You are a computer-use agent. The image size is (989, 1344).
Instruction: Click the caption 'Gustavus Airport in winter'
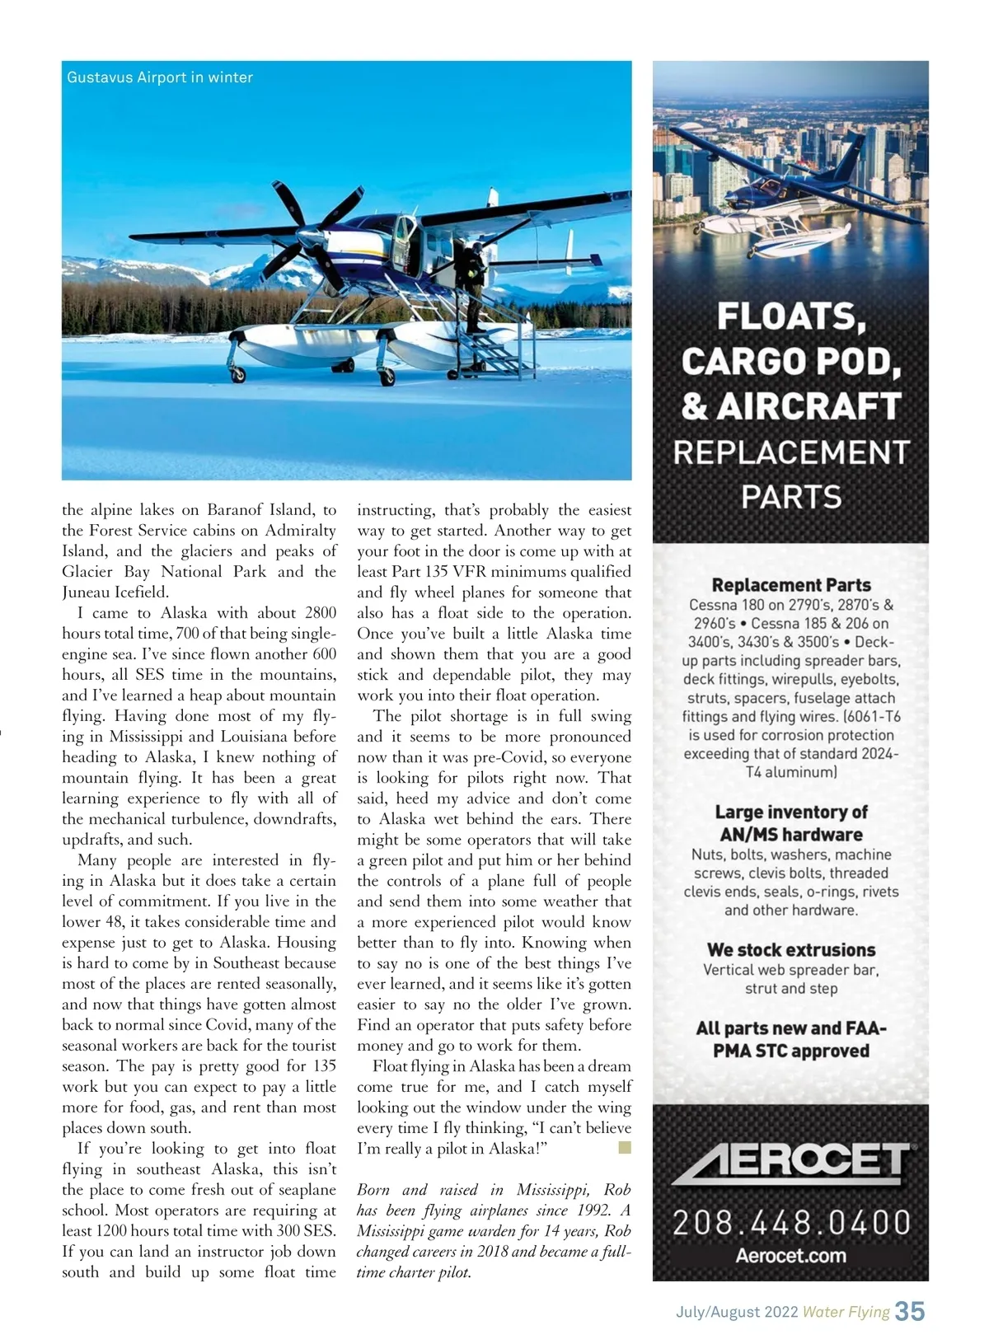(160, 77)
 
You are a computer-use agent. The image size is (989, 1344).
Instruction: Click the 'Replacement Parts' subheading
(791, 585)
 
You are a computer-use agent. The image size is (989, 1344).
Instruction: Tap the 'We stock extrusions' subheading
(791, 950)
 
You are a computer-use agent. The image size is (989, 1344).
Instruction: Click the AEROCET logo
(791, 1164)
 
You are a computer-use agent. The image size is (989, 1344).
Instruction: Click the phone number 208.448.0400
(791, 1222)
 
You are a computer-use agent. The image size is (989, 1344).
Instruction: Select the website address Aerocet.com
(791, 1257)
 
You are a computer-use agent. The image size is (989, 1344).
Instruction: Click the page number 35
(910, 1311)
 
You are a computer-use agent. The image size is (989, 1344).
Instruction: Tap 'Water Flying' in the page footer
(846, 1312)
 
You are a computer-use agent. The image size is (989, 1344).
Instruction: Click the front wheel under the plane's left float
(238, 375)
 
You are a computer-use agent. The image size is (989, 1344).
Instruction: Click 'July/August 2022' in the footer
(732, 1312)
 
